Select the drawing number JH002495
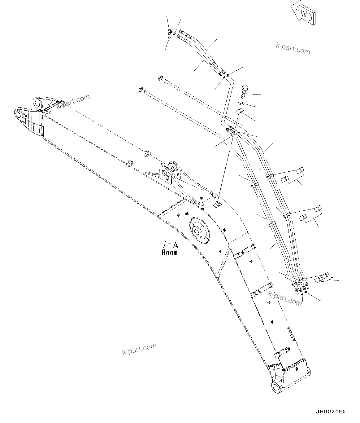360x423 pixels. point(331,412)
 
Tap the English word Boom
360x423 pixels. point(170,253)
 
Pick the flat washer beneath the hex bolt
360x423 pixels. point(241,103)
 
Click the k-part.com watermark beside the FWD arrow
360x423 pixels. point(293,49)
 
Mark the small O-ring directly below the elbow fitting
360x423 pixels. point(169,38)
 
